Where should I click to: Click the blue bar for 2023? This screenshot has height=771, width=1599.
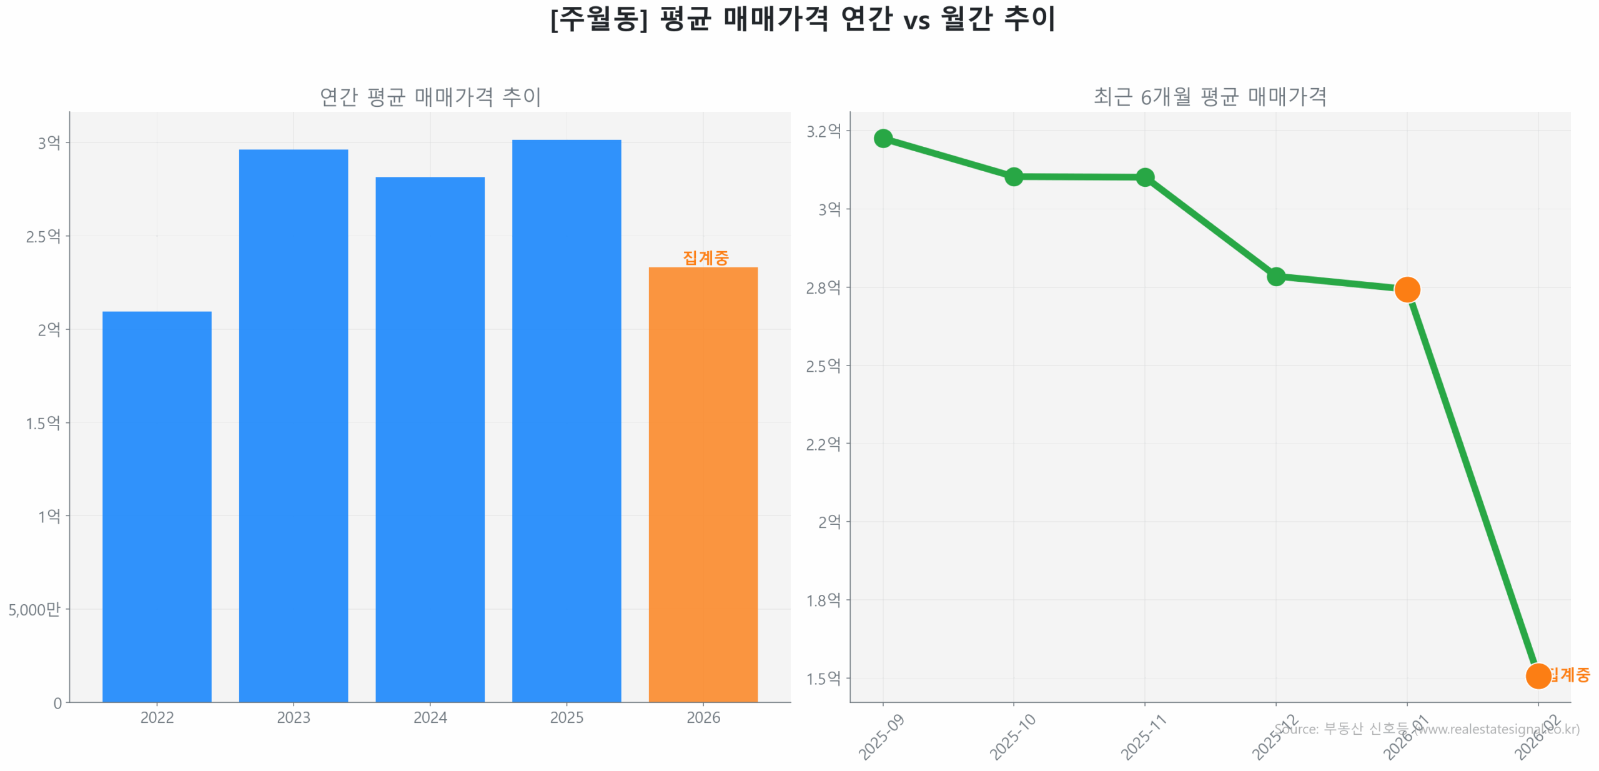pos(293,425)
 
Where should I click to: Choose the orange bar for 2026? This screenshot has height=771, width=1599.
pos(703,484)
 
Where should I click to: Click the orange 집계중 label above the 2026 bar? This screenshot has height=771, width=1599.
pos(705,257)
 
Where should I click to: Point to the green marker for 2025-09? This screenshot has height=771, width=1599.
pos(882,138)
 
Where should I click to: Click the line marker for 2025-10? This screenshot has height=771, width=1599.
pos(1013,177)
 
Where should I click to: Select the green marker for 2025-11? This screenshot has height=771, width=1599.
pos(1144,177)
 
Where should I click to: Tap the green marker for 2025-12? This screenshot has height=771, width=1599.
pos(1275,276)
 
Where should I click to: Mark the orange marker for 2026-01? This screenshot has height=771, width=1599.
pos(1407,289)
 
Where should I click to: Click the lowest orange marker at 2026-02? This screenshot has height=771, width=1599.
pos(1537,675)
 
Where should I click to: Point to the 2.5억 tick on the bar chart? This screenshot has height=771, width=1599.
pos(43,236)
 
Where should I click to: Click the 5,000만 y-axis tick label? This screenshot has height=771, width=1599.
pos(34,609)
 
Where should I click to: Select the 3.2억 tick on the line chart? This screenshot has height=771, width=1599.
pos(823,131)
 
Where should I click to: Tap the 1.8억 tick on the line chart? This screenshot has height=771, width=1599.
pos(823,600)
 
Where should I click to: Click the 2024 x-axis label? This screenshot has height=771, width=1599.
pos(430,717)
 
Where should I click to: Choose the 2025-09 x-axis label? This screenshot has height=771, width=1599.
pos(881,737)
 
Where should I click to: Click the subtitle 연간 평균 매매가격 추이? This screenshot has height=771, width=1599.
pos(430,97)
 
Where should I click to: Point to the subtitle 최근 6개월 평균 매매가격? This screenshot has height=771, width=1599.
pos(1209,97)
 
